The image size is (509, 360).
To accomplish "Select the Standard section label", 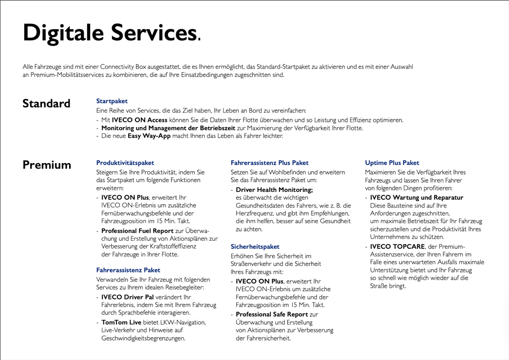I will pos(46,104).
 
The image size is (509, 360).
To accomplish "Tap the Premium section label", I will pos(47,165).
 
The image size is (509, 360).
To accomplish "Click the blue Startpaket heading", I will pos(112,101).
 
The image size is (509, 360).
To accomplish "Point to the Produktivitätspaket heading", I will pos(125,163).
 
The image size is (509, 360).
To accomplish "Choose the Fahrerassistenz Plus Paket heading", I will pos(269,163).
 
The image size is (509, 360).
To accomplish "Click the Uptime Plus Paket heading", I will pos(392,163).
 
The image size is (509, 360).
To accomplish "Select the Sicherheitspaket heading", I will pos(255,246).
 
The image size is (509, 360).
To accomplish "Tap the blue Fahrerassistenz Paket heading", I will pos(128,269).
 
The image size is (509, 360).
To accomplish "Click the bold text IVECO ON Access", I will pos(140,120).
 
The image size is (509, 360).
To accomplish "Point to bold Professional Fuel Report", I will pos(137,230).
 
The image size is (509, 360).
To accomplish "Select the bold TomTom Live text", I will pos(122,322).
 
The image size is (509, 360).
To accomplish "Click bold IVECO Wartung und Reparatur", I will pos(416,197).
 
